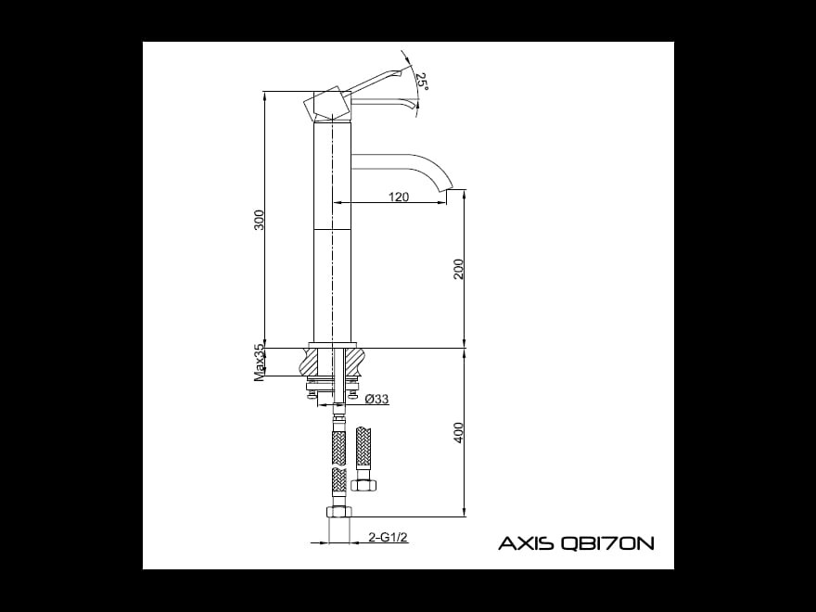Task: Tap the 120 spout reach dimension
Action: point(399,197)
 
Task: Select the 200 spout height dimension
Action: point(458,269)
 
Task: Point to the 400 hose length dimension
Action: point(458,432)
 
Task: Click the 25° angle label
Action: point(422,82)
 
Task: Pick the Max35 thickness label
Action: point(259,363)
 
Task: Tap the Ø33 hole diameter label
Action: point(376,399)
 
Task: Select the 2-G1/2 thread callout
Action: point(388,537)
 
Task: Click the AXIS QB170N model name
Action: point(576,543)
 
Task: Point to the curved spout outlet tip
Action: point(450,188)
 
